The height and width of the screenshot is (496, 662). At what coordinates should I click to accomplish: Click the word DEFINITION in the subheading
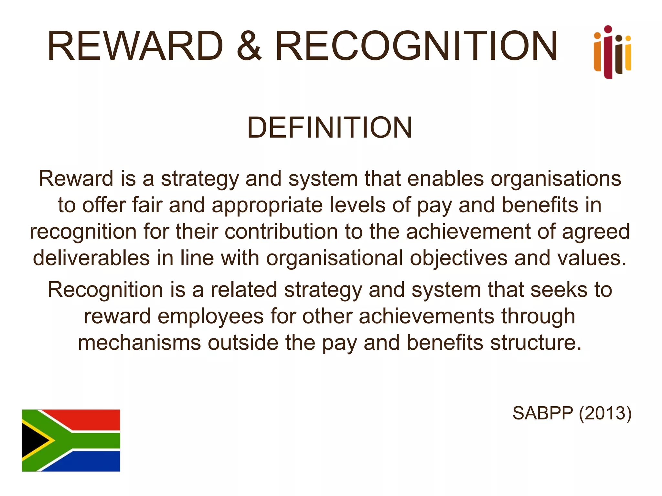pyautogui.click(x=330, y=128)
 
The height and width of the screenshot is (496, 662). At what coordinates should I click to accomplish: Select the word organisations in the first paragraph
pyautogui.click(x=556, y=179)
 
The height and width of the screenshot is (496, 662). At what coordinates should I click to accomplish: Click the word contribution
pyautogui.click(x=281, y=232)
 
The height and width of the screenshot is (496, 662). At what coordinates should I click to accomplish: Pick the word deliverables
pyautogui.click(x=91, y=258)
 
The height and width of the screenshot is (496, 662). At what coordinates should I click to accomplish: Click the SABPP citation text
pyautogui.click(x=542, y=413)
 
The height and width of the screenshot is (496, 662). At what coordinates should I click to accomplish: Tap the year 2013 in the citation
pyautogui.click(x=605, y=413)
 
